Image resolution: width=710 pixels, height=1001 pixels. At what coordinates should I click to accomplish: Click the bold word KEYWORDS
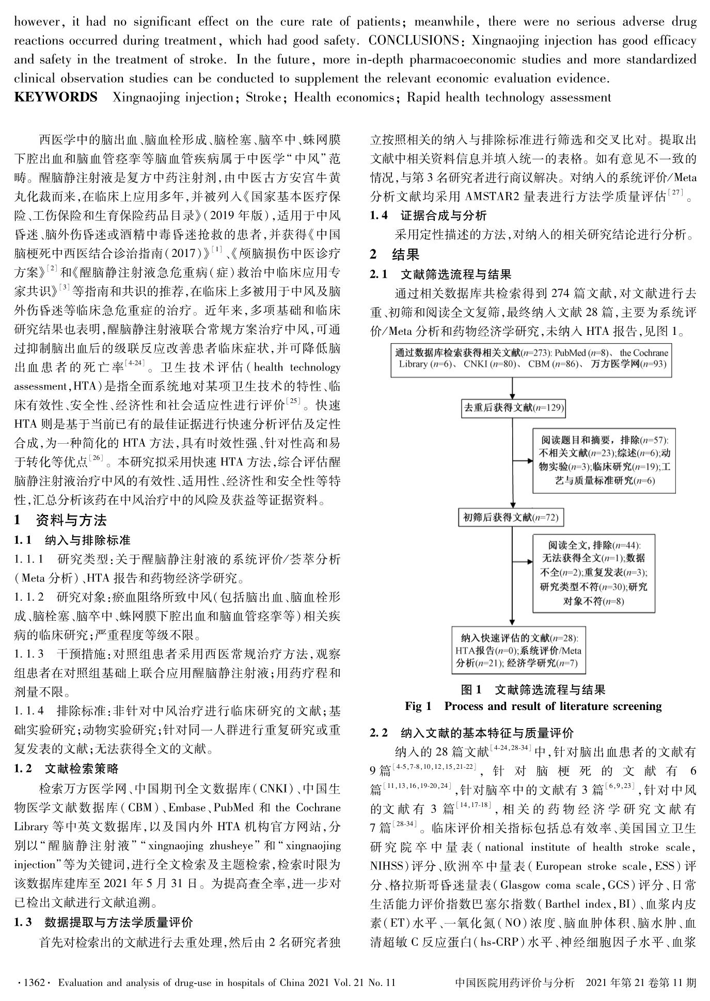[x=56, y=98]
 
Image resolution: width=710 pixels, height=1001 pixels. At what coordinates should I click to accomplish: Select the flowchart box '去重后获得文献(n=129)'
[x=512, y=408]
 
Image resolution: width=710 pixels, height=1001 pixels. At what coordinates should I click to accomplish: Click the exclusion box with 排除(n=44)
[x=594, y=573]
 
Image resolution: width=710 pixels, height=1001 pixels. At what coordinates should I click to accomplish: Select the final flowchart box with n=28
[x=519, y=650]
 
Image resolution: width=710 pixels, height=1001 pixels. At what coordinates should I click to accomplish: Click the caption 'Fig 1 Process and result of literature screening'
[x=533, y=706]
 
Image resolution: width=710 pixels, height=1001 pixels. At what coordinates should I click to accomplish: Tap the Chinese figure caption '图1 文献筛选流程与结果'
[x=533, y=690]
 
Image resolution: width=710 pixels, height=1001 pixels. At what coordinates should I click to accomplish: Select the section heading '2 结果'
[x=395, y=254]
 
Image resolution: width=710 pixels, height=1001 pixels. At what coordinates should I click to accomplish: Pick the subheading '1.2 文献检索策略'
[x=67, y=769]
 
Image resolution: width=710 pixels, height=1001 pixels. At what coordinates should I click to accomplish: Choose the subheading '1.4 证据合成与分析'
[x=428, y=216]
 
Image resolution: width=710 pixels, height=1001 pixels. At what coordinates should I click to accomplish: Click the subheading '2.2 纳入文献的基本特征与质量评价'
[x=471, y=733]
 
